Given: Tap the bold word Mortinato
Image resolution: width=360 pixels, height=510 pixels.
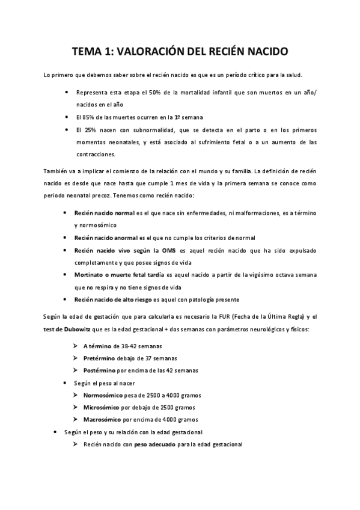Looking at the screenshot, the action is tap(90, 274).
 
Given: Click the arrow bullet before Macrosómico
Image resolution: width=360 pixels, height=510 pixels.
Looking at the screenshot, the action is tap(75, 419).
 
